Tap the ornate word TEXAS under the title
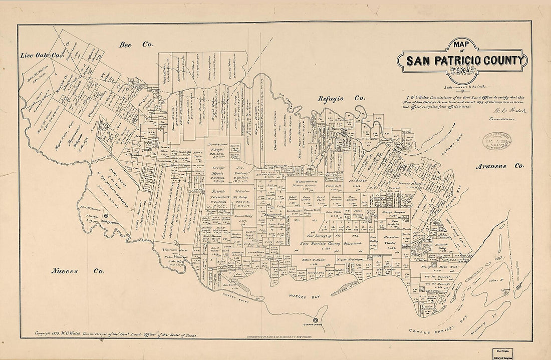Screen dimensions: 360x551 tap(463, 72)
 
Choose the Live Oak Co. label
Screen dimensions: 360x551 tap(40, 55)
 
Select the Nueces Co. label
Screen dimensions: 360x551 tap(78, 271)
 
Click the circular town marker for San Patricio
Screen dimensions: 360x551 tap(105, 216)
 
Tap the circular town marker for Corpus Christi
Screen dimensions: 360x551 tap(315, 320)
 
